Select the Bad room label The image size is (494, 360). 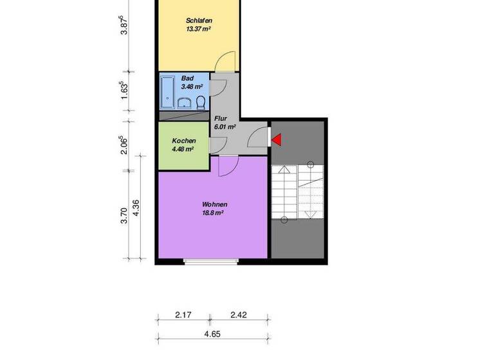[187, 78]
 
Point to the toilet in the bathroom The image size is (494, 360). [201, 103]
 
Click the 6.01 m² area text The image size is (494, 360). [224, 127]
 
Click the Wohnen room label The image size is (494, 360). [215, 204]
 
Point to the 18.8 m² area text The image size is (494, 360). [213, 213]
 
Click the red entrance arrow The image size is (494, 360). [277, 139]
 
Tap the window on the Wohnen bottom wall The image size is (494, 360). [211, 261]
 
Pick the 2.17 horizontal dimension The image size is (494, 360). [184, 316]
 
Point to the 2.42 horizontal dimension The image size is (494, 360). [238, 316]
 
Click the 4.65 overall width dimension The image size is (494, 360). [213, 334]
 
